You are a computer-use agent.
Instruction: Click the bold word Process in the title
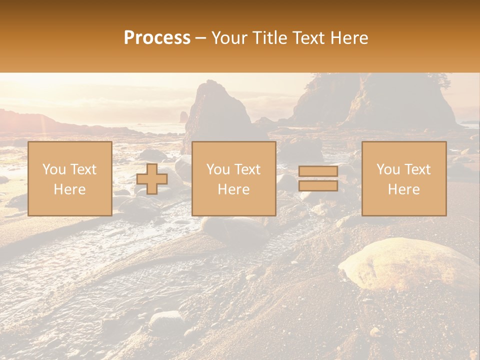[157, 38]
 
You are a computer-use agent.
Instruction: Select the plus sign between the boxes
[152, 179]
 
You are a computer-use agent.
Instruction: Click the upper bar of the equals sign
[318, 171]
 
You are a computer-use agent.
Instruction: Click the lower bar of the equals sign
[318, 186]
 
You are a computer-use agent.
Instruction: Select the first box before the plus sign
[70, 178]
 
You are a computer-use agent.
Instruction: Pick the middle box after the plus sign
[233, 178]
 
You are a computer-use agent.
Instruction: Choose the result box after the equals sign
[404, 178]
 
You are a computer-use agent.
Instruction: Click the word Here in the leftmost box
[70, 189]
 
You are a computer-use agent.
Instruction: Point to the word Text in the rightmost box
[417, 169]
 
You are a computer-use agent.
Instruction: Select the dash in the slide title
[200, 38]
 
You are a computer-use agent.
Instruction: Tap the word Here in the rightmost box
[404, 189]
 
